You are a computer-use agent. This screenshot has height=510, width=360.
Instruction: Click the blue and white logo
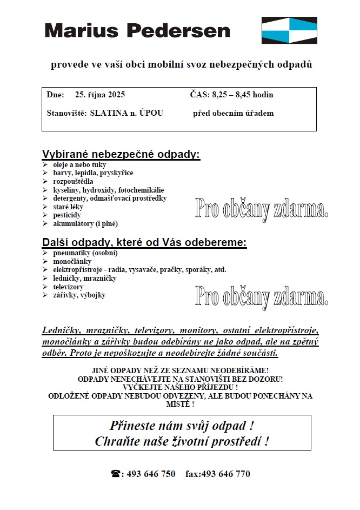pyautogui.click(x=289, y=30)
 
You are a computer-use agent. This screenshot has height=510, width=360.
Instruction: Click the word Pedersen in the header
pyautogui.click(x=182, y=30)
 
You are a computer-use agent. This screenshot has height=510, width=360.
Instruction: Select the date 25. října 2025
pyautogui.click(x=100, y=95)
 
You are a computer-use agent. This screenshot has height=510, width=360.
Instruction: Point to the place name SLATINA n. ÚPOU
pyautogui.click(x=126, y=113)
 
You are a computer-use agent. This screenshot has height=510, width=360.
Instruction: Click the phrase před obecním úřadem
pyautogui.click(x=233, y=113)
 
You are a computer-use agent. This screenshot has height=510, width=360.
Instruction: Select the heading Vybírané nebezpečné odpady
pyautogui.click(x=121, y=154)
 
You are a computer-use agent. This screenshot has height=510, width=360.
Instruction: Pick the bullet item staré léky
pyautogui.click(x=68, y=207)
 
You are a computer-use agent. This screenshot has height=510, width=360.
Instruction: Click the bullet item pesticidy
pyautogui.click(x=67, y=215)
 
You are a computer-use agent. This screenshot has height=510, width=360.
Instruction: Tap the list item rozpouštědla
pyautogui.click(x=73, y=181)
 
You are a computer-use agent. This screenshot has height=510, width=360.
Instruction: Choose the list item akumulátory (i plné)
pyautogui.click(x=85, y=223)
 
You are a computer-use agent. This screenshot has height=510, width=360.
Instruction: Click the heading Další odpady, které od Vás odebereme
pyautogui.click(x=144, y=242)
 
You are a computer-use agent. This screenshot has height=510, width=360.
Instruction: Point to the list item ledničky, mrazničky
pyautogui.click(x=85, y=278)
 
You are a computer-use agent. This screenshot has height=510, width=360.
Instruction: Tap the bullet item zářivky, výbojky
pyautogui.click(x=79, y=295)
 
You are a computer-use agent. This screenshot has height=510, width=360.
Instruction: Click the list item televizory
pyautogui.click(x=69, y=287)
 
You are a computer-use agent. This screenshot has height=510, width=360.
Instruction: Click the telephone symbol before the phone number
pyautogui.click(x=116, y=474)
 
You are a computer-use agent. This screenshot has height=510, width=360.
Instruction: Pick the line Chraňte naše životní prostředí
pyautogui.click(x=182, y=441)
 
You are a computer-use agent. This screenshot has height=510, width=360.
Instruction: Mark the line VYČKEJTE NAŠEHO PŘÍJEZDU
pyautogui.click(x=181, y=387)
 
